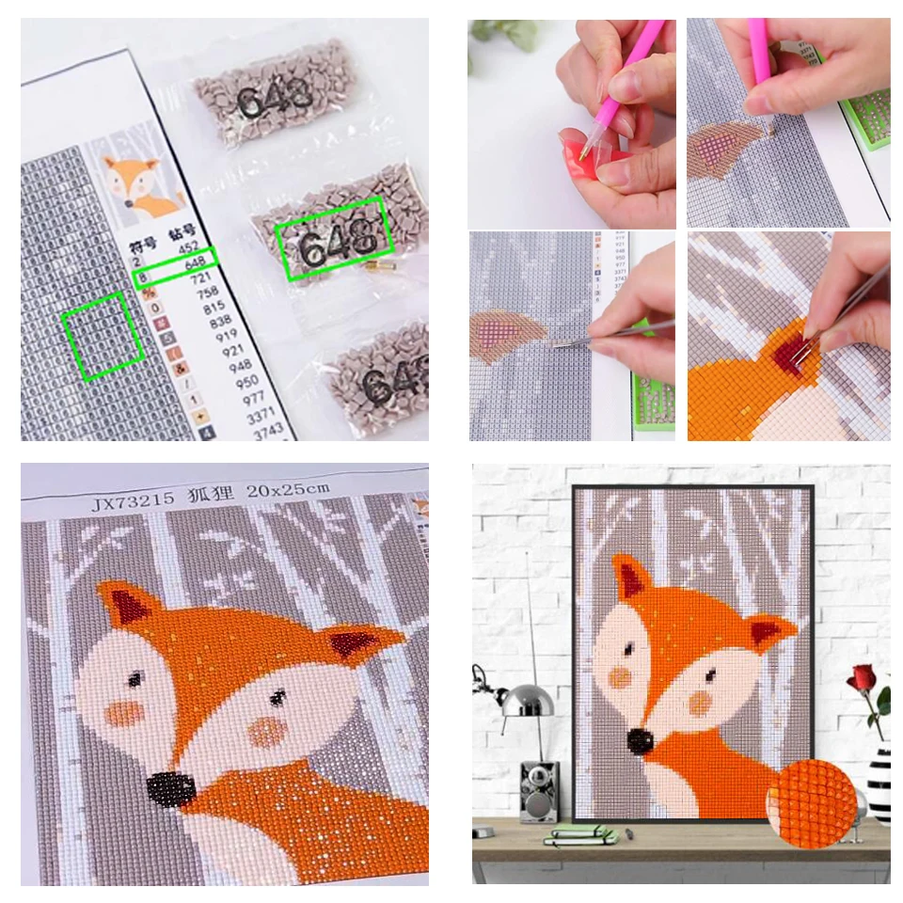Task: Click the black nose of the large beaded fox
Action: [169, 785]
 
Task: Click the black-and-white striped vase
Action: [877, 781]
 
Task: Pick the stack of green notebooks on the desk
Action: [581, 833]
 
